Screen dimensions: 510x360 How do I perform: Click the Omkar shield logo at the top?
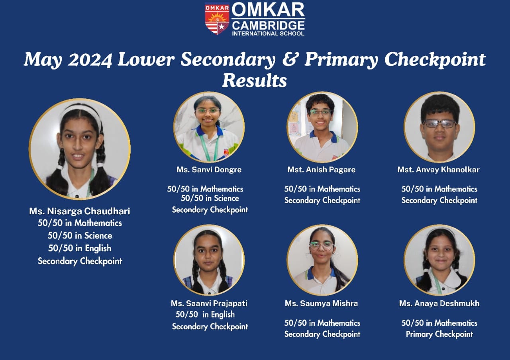pyautogui.click(x=217, y=19)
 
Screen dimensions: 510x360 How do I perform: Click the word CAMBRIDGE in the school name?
pyautogui.click(x=268, y=25)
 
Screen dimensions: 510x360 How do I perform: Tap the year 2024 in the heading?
pyautogui.click(x=90, y=59)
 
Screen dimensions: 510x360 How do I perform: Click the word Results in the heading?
pyautogui.click(x=254, y=80)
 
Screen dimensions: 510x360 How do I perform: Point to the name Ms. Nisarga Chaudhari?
pyautogui.click(x=79, y=211)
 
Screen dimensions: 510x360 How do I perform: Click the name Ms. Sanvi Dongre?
pyautogui.click(x=209, y=170)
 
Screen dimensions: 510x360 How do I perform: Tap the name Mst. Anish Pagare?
pyautogui.click(x=321, y=170)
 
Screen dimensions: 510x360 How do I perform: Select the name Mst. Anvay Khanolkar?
pyautogui.click(x=439, y=170)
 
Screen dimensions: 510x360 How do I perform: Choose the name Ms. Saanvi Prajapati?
pyautogui.click(x=209, y=303)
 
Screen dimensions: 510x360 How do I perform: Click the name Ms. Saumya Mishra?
pyautogui.click(x=321, y=303)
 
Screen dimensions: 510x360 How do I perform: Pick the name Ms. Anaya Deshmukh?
pyautogui.click(x=439, y=303)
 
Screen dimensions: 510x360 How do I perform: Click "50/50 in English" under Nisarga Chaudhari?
pyautogui.click(x=80, y=248)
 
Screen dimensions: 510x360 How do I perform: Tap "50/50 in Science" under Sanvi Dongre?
pyautogui.click(x=210, y=198)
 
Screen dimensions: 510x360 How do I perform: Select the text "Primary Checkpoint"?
pyautogui.click(x=439, y=334)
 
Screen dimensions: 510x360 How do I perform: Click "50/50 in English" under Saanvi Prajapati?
pyautogui.click(x=205, y=315)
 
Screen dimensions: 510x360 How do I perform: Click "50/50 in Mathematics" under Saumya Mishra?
pyautogui.click(x=322, y=323)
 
